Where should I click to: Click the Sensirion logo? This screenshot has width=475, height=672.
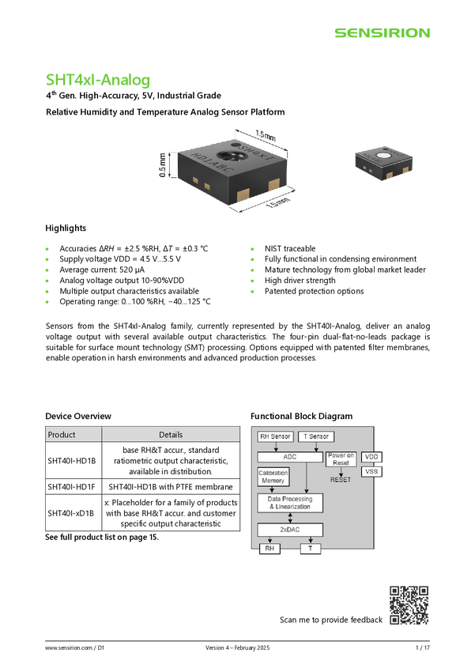tap(382, 33)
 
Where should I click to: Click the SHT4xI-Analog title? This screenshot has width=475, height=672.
tap(98, 80)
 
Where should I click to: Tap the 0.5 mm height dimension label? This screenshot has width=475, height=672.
tap(162, 165)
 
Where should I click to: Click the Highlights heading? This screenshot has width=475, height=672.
tap(66, 228)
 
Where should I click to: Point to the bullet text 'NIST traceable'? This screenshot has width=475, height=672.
tap(290, 248)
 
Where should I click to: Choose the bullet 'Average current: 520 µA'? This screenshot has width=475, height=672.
tap(102, 270)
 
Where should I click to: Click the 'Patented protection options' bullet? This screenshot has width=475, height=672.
tap(314, 291)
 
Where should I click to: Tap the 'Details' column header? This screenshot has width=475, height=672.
tap(171, 435)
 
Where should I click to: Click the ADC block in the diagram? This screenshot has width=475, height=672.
tap(290, 457)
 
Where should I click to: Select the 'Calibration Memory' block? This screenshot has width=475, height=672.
tap(273, 477)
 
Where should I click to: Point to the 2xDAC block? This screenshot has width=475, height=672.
tap(290, 530)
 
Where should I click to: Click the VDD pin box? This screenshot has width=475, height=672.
tap(371, 457)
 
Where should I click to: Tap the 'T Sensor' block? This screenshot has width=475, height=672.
tap(316, 436)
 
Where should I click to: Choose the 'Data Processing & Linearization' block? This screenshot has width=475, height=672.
tap(290, 503)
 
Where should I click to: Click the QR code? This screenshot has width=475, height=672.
tap(409, 605)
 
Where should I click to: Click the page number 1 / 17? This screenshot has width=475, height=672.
tap(422, 647)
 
